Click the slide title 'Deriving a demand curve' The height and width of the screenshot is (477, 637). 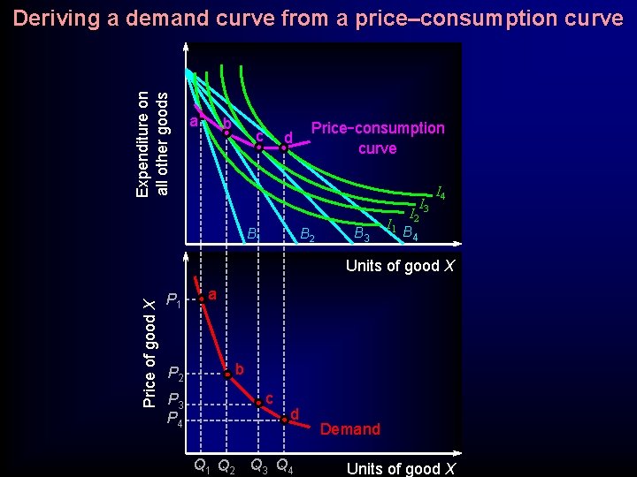click(x=318, y=18)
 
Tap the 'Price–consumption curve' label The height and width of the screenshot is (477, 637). click(x=378, y=138)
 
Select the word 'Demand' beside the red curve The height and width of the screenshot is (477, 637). click(x=349, y=429)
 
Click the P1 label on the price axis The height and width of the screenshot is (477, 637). click(x=174, y=305)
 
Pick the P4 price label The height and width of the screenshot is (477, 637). click(x=176, y=418)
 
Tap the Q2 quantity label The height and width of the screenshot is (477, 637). click(x=226, y=465)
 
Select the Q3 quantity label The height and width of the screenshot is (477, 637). click(x=260, y=465)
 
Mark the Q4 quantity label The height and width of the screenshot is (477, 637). click(x=286, y=465)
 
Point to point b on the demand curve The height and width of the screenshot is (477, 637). click(x=227, y=375)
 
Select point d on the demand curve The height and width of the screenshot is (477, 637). click(x=284, y=420)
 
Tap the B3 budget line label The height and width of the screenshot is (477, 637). click(x=361, y=234)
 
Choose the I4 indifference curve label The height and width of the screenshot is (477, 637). click(x=440, y=193)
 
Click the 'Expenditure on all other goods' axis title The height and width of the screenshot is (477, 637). click(x=152, y=131)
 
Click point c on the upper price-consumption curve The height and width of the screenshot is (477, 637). click(x=258, y=148)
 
